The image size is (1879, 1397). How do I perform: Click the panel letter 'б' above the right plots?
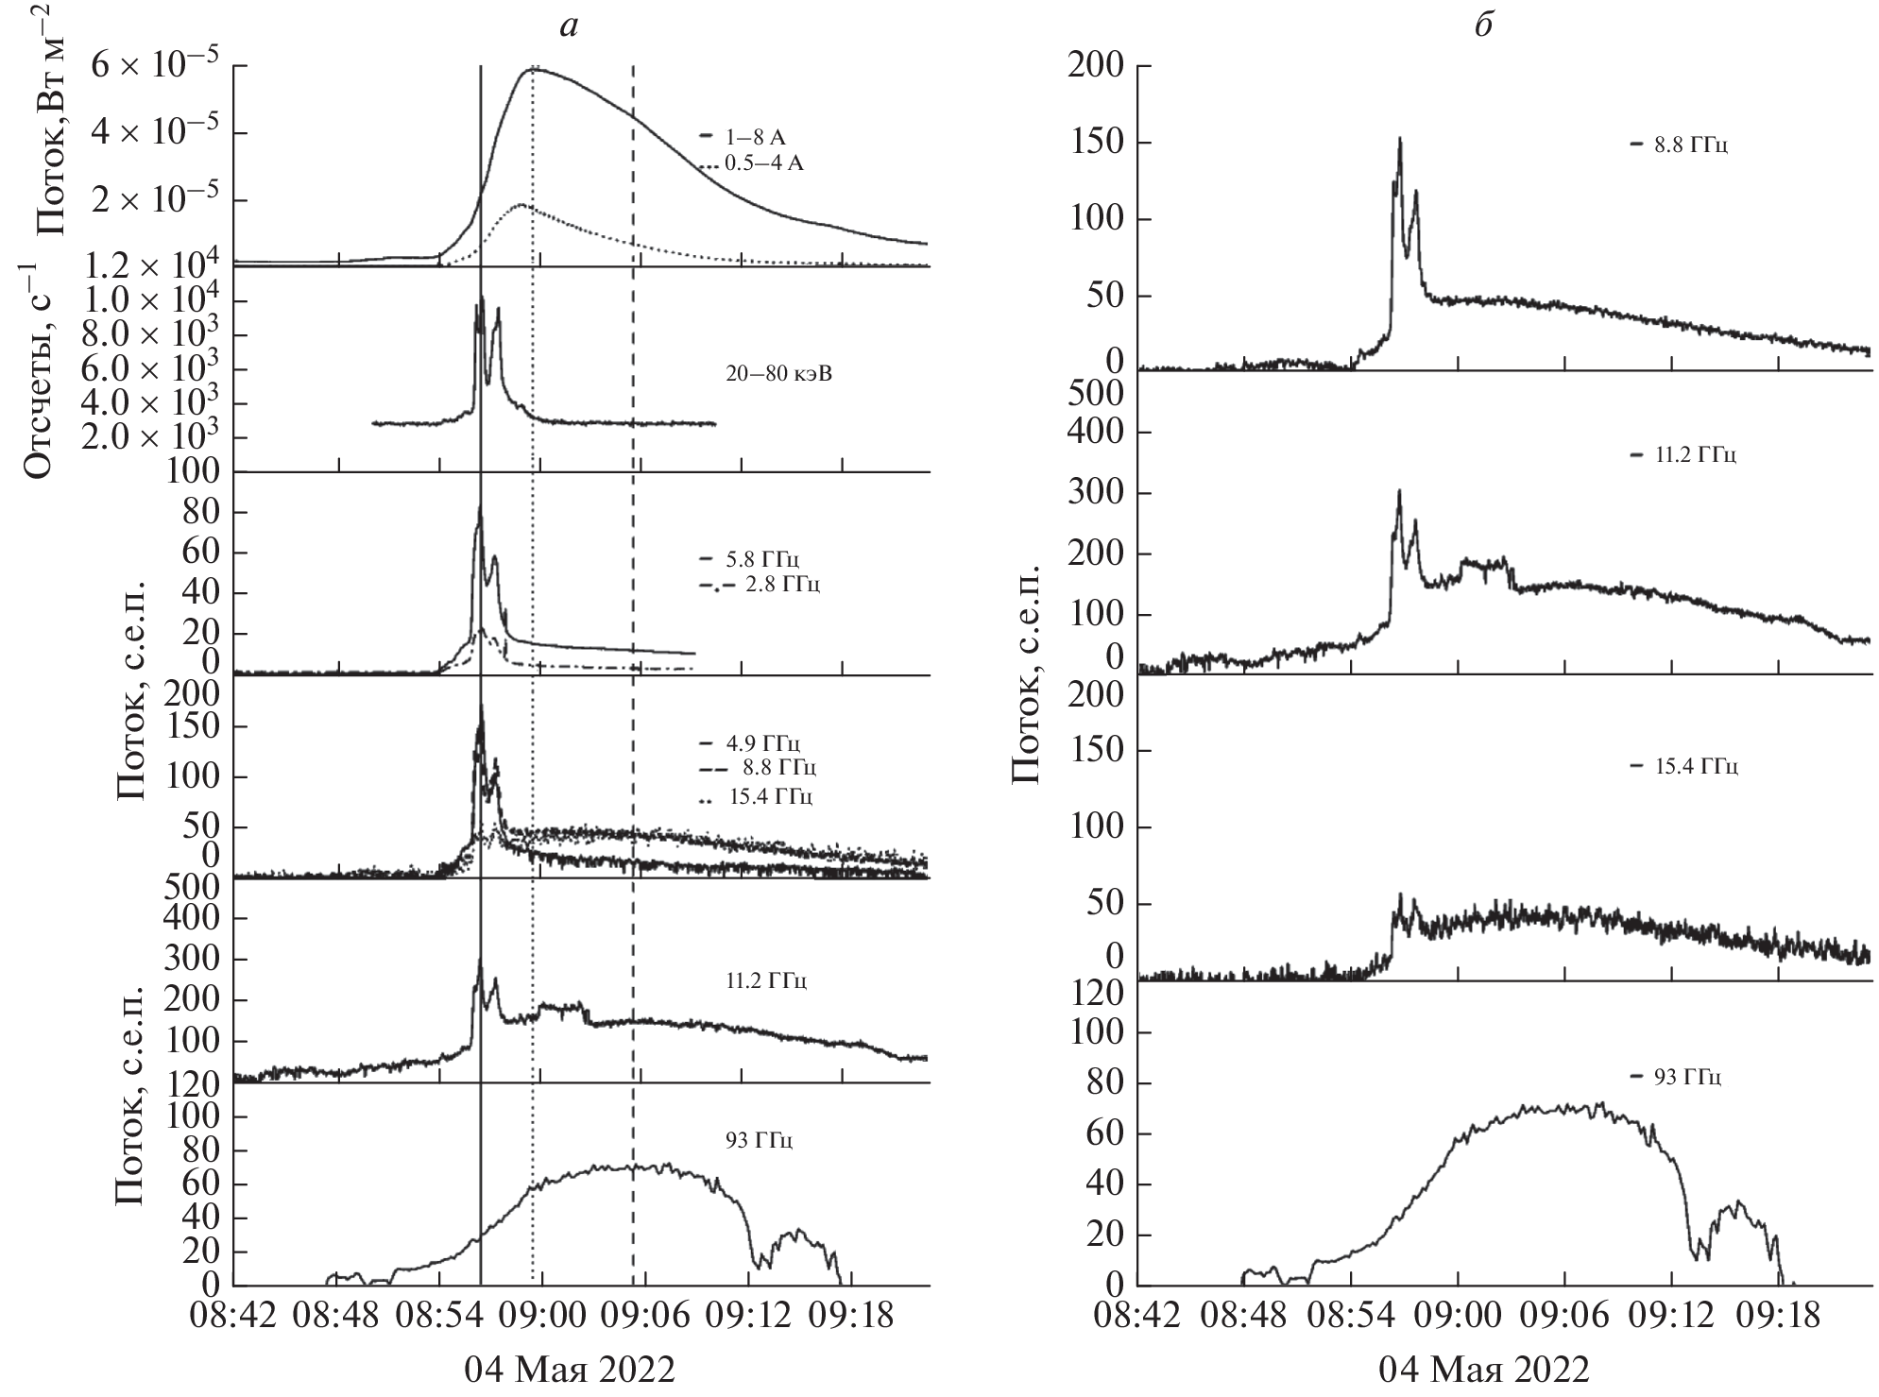[x=1482, y=26]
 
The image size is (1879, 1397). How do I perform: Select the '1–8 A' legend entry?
[x=751, y=138]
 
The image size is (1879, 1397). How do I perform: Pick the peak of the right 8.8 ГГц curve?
[x=1400, y=139]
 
